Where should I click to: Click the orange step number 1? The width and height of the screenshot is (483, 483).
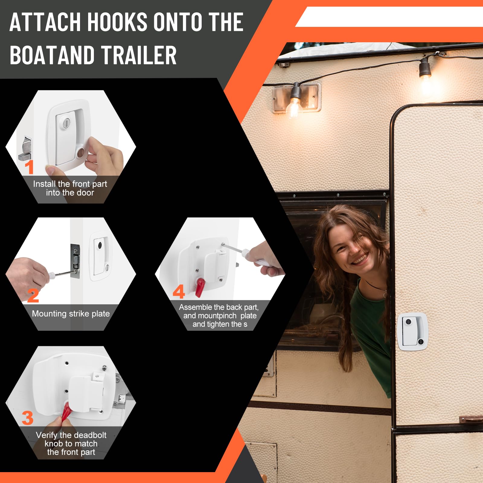pos(29,167)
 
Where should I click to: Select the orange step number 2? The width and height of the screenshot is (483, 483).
pos(33,296)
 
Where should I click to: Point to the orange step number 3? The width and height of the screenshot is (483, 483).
pos(27,418)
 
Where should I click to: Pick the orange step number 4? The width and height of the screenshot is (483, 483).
pos(179,292)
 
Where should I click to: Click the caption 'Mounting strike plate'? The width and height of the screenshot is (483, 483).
pos(71,314)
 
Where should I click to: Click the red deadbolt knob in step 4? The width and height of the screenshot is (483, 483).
pos(200,287)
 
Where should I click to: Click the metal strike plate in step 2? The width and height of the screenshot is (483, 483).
pos(75,261)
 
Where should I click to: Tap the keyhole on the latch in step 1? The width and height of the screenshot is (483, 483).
pos(66,123)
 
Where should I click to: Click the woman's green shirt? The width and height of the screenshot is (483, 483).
pos(371,326)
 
